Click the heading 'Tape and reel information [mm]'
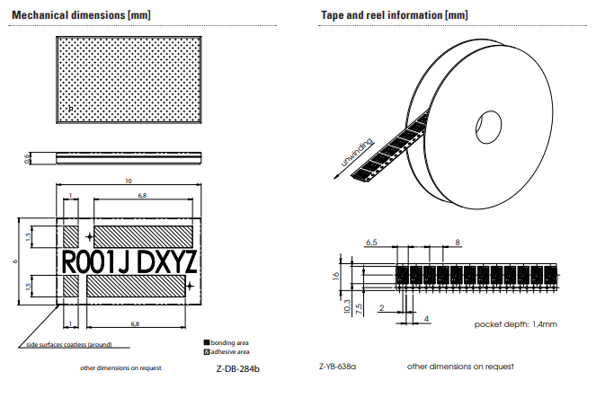394,15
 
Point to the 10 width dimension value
129,181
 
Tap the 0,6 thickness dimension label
27,158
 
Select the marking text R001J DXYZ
129,261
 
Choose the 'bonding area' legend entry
228,342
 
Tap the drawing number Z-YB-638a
338,367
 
